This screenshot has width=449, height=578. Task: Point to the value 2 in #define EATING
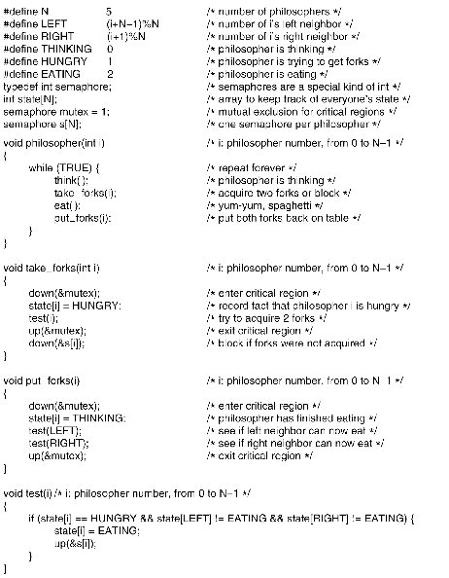[110, 73]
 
